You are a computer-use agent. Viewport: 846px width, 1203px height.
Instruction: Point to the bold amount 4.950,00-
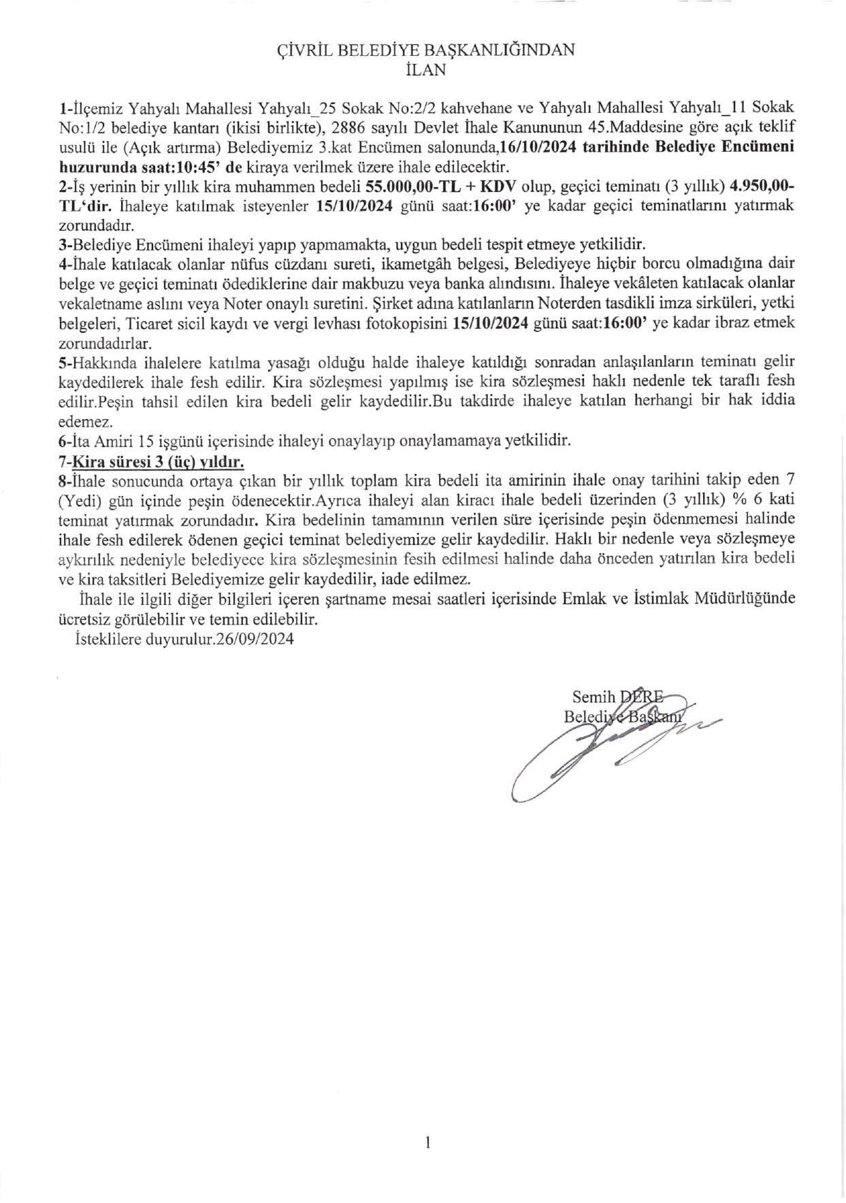(762, 187)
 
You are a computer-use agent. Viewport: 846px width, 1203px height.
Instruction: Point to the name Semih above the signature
(593, 697)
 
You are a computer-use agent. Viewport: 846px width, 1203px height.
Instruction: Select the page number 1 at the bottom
(427, 1143)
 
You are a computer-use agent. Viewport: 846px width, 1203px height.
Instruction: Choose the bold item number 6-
(65, 441)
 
